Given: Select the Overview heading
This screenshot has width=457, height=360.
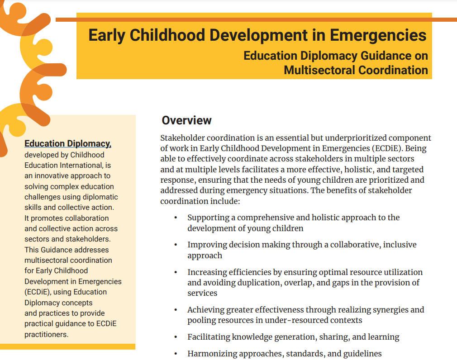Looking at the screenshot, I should (x=186, y=120).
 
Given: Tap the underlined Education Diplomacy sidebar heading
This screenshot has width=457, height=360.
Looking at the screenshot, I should (x=68, y=144).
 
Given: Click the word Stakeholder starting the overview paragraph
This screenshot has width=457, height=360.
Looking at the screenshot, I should (x=182, y=138).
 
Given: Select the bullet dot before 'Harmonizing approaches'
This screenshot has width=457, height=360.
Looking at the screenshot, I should (x=176, y=354).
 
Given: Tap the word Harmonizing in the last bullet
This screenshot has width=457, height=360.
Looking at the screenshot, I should (x=211, y=354).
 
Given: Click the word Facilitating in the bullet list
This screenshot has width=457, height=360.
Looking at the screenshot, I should (x=209, y=337).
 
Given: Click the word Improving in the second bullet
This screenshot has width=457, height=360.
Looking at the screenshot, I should (x=206, y=245).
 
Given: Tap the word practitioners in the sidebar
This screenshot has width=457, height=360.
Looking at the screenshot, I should (x=46, y=335).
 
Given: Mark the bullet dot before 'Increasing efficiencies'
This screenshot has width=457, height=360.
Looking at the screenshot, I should (x=176, y=272).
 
